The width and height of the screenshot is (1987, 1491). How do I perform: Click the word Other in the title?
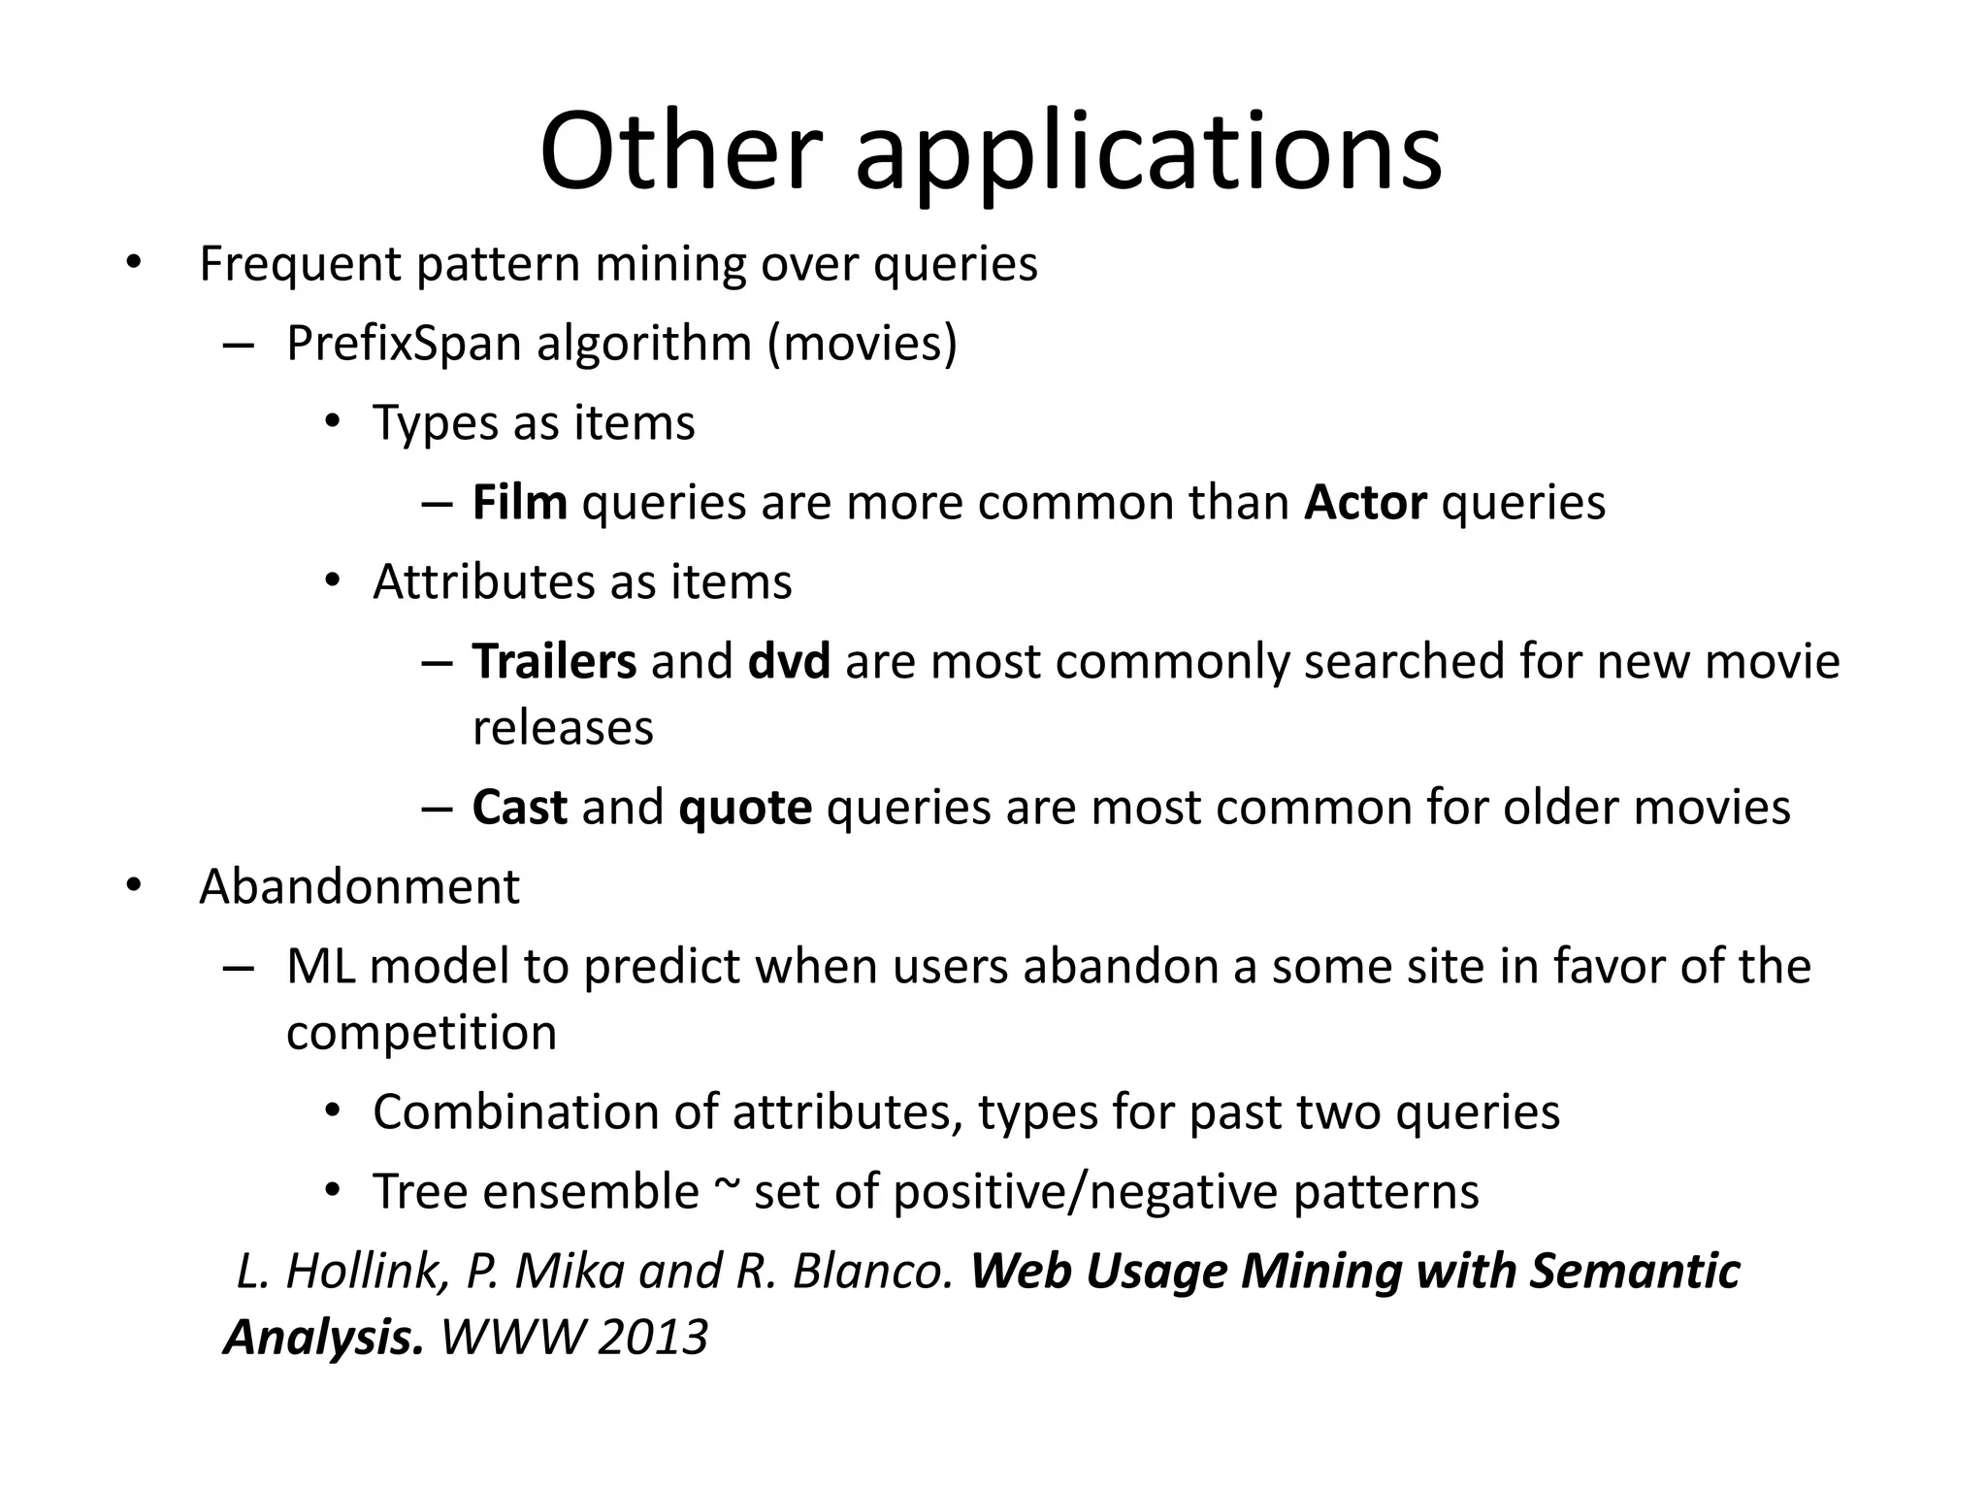(x=680, y=152)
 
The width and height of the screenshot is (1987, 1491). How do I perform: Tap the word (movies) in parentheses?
(x=863, y=344)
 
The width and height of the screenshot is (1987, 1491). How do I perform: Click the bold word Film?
(x=520, y=503)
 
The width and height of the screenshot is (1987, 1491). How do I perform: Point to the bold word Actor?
(x=1365, y=503)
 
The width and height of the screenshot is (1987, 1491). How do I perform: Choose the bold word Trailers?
(x=554, y=662)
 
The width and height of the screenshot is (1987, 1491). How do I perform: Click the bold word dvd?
(x=790, y=662)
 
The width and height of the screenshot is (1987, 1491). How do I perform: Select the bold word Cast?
(x=519, y=808)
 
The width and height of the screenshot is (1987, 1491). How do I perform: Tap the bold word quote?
(x=745, y=808)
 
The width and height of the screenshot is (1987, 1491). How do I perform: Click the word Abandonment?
(x=359, y=887)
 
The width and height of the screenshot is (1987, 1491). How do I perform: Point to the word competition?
(x=421, y=1033)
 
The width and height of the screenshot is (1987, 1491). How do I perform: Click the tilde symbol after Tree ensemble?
(x=726, y=1186)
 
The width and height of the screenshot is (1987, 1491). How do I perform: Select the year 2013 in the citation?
(x=652, y=1338)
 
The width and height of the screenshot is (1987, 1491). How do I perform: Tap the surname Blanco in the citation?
(x=873, y=1272)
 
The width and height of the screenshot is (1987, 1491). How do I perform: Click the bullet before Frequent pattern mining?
(x=133, y=264)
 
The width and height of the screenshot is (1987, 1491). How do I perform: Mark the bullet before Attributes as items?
(x=333, y=582)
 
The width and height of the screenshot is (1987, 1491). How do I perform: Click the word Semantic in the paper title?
(x=1635, y=1272)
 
